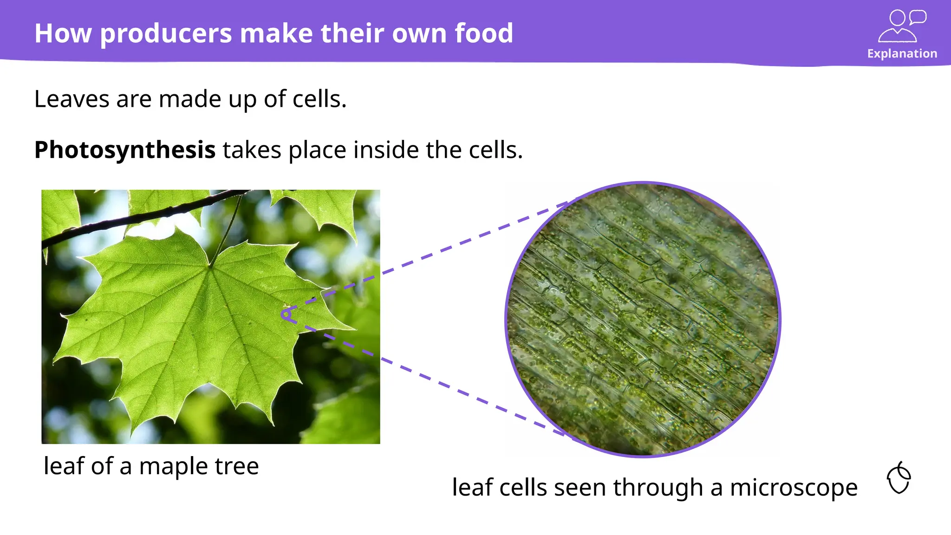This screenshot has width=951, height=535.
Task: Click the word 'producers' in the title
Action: (x=166, y=34)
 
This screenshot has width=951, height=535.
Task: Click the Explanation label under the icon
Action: (x=902, y=53)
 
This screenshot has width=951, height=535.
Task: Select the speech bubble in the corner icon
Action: (x=918, y=17)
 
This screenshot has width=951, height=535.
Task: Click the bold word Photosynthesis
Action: (x=125, y=150)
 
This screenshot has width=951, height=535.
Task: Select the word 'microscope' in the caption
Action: (x=793, y=487)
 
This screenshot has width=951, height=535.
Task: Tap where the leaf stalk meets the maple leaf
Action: (x=210, y=266)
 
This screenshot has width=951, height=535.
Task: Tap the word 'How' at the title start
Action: (x=63, y=34)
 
